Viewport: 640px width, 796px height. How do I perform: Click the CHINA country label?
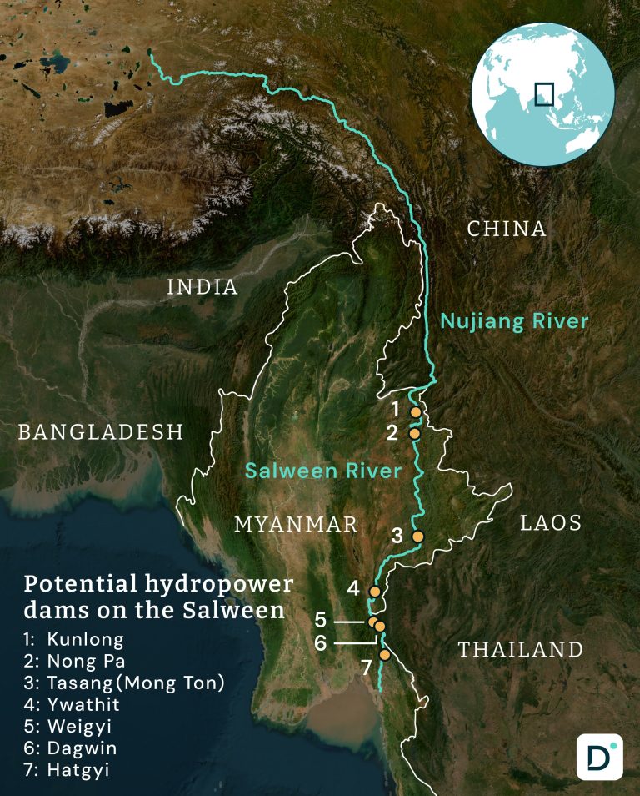coord(507,229)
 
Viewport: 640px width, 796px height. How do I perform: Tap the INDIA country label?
coord(202,287)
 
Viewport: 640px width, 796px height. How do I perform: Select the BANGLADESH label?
coord(101,431)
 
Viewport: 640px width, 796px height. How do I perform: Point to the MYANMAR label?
coord(296,524)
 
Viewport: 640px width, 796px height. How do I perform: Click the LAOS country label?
coord(551,523)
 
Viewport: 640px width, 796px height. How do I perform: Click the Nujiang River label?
coord(514,320)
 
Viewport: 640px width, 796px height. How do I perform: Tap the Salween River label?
coord(323,471)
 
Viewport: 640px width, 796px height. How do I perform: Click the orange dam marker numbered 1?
coord(416,412)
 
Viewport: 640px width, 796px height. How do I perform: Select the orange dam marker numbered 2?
coord(414,433)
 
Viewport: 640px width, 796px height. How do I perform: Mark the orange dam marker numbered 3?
coord(418,536)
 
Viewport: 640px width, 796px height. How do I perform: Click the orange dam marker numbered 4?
coord(374,590)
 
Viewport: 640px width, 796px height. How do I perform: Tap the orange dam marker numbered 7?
coord(384,655)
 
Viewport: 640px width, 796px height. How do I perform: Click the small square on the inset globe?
coord(544,93)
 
